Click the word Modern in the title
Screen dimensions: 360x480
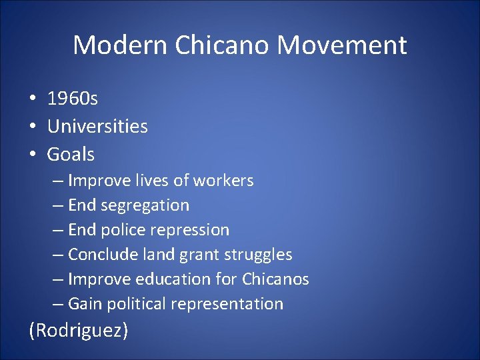pos(120,45)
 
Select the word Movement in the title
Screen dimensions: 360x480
pos(342,45)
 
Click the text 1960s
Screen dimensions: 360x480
pos(73,99)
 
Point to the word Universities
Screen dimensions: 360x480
pos(97,127)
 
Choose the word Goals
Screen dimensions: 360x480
pos(71,155)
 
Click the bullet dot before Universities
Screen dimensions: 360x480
pos(33,127)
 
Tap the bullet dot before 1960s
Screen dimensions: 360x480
pos(33,99)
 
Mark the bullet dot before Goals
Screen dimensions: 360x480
pos(33,155)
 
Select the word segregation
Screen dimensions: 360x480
pos(145,205)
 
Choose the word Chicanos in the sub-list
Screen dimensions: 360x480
pos(275,279)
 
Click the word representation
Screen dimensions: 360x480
pos(227,304)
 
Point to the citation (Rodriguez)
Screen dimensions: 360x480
pos(78,330)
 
